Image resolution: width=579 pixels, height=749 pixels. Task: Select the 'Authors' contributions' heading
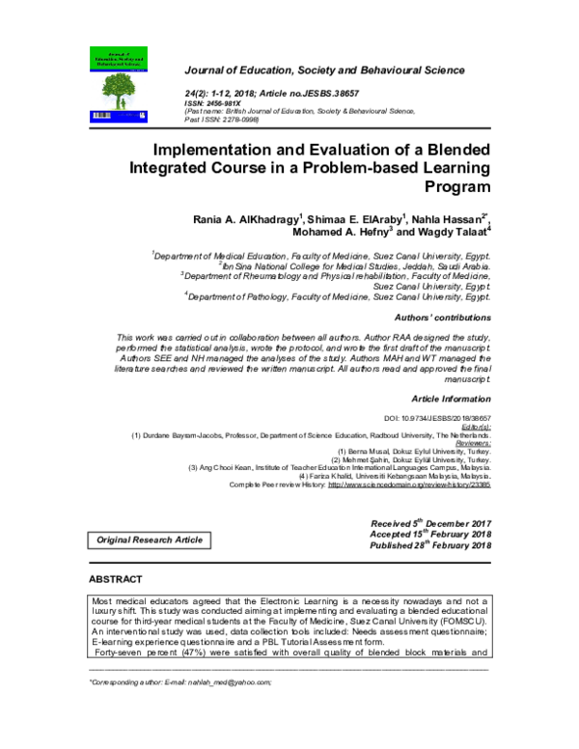click(437, 318)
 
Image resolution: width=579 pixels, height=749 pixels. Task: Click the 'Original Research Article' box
click(149, 541)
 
